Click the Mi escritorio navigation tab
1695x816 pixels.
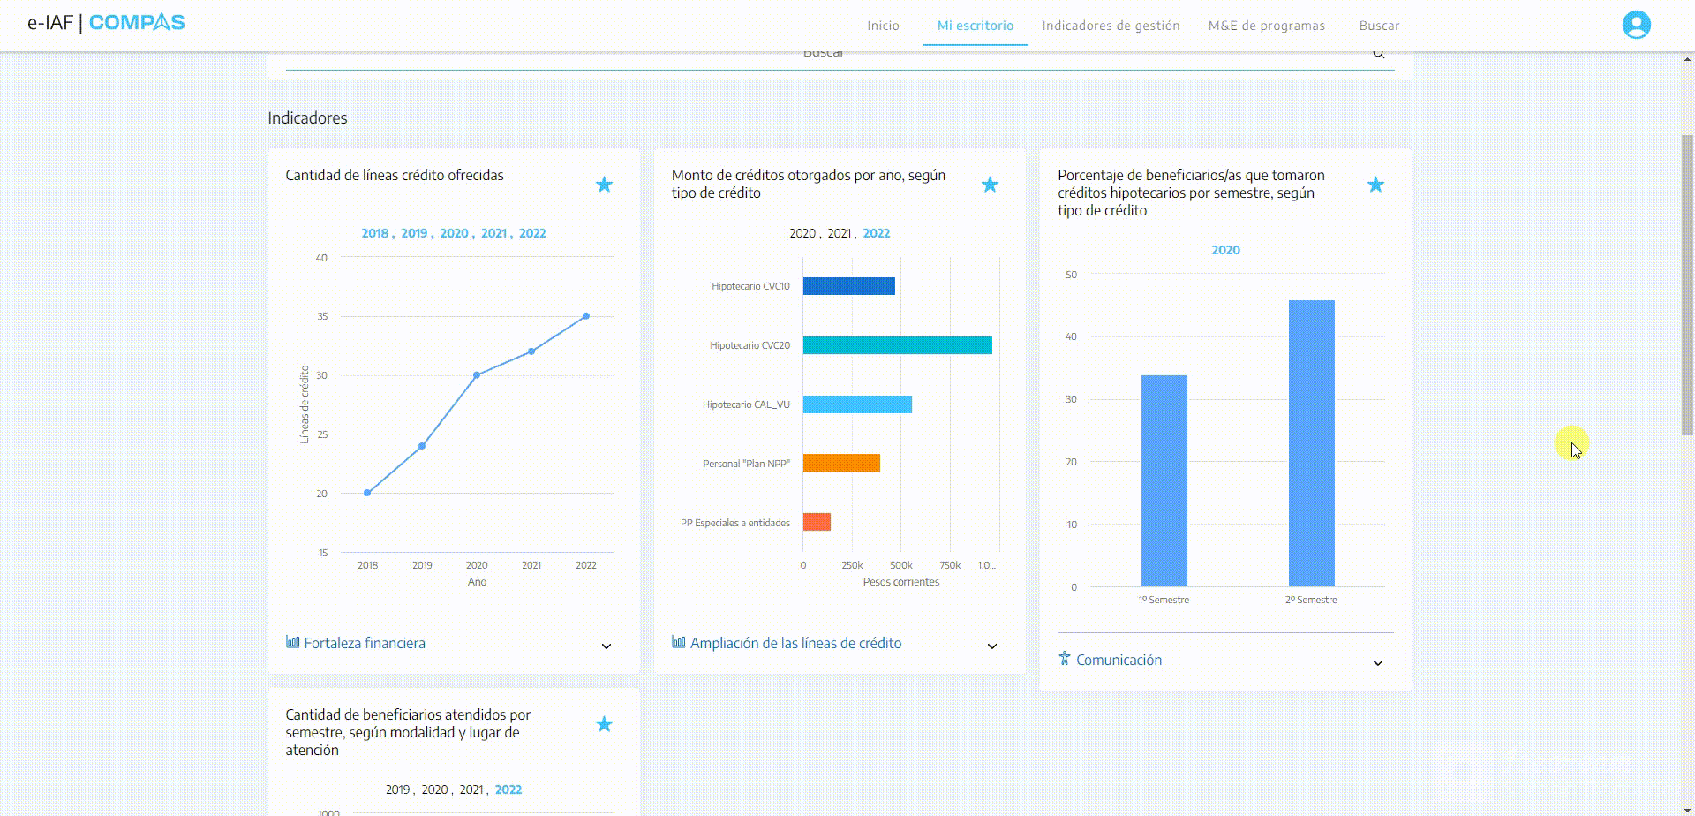(976, 26)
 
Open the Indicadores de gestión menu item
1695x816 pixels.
(1111, 26)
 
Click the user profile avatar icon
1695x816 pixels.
(1636, 25)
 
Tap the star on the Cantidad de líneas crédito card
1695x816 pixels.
(604, 185)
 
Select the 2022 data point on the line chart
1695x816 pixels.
(586, 316)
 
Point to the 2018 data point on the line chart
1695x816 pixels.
(367, 493)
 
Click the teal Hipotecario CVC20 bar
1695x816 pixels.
(897, 345)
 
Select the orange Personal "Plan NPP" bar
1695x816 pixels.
(841, 463)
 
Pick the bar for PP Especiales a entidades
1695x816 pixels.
(817, 522)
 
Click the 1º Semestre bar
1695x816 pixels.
(1164, 480)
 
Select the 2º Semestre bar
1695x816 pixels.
(1311, 443)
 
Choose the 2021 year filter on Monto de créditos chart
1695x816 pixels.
(839, 233)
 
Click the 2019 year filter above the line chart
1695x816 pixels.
(414, 233)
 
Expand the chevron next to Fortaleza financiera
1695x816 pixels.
(606, 646)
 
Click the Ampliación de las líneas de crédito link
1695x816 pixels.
(795, 643)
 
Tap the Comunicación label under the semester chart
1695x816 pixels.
(1119, 660)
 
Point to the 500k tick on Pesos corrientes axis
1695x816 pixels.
(901, 565)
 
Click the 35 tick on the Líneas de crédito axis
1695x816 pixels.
(322, 316)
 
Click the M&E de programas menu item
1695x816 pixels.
(1266, 26)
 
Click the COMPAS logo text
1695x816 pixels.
(137, 22)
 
